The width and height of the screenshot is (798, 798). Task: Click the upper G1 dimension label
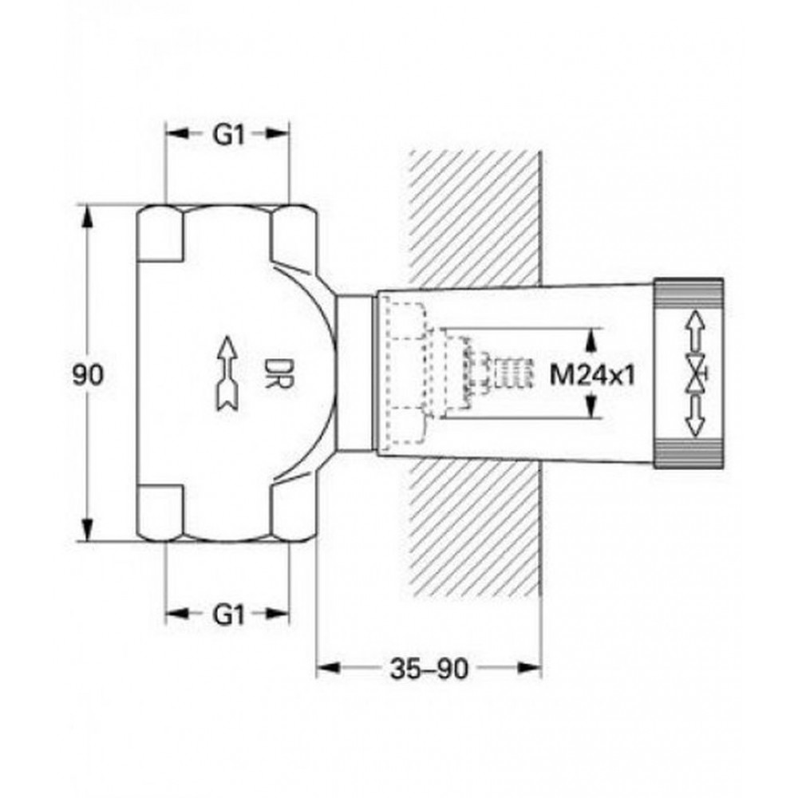229,135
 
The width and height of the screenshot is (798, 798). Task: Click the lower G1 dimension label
229,614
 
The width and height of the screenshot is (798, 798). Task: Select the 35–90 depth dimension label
429,669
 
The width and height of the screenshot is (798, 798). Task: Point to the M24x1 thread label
593,376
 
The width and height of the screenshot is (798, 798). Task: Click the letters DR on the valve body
278,373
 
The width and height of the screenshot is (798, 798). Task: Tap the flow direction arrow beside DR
227,373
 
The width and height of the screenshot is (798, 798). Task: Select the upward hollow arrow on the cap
695,332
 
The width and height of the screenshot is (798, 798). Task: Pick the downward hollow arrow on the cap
695,417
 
